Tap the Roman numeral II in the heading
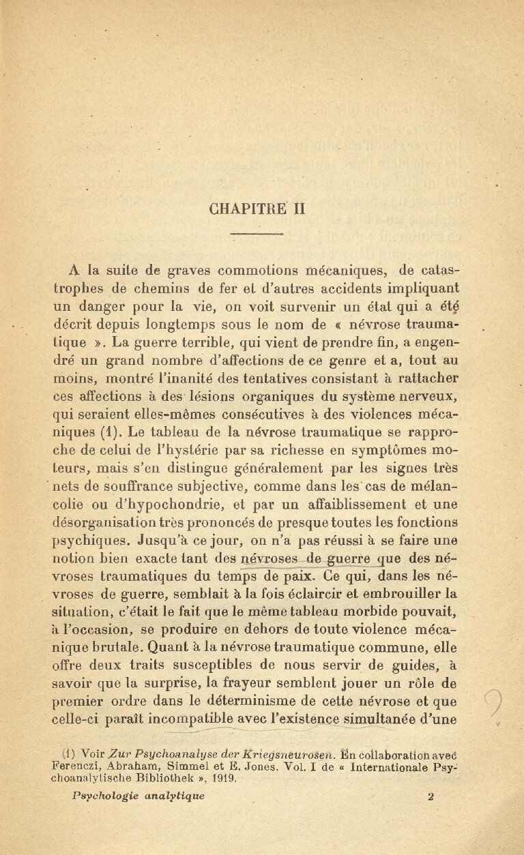297,209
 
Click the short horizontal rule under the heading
257,235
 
